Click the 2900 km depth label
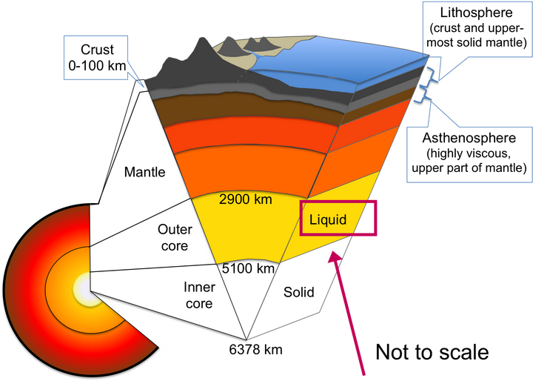[246, 199]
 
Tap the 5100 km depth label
[248, 268]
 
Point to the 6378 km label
[255, 349]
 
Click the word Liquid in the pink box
[328, 219]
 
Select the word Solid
[299, 292]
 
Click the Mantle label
[145, 172]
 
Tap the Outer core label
[175, 237]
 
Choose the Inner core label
[199, 295]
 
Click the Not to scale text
[432, 351]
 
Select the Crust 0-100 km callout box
[95, 58]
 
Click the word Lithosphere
[476, 13]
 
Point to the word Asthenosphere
[469, 138]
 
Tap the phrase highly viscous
[469, 153]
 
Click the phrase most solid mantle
[477, 42]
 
